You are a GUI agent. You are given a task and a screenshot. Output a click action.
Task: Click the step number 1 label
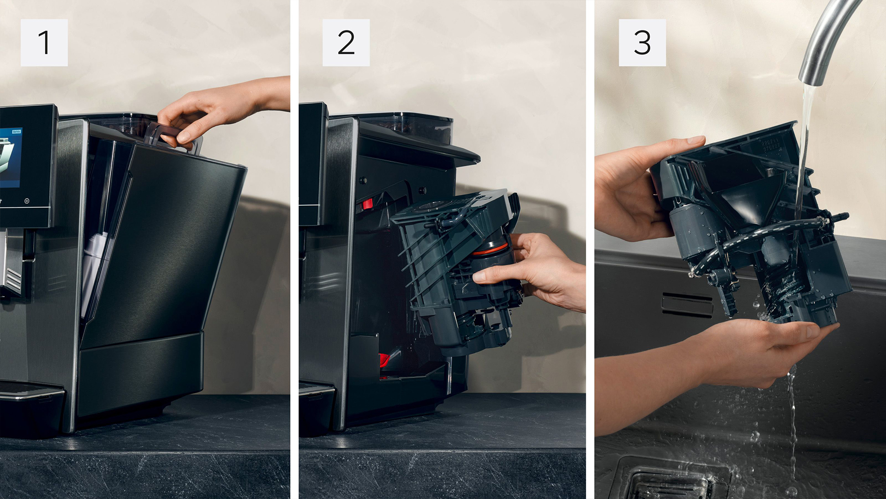44,43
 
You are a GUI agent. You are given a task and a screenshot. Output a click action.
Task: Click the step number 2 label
346,43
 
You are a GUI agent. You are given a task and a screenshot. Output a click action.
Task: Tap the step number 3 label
642,43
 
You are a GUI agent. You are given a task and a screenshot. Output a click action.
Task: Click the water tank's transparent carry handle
173,137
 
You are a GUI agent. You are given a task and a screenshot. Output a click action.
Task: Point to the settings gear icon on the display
27,201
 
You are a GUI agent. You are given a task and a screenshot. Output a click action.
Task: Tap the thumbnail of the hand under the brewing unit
813,329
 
